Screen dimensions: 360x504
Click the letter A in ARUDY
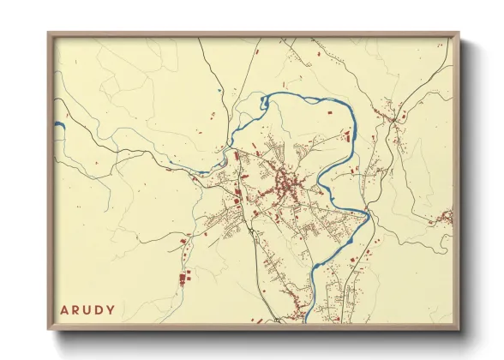(63, 309)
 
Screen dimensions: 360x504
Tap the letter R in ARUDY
(75, 309)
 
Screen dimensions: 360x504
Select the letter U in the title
(87, 309)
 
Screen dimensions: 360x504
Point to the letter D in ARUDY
(99, 309)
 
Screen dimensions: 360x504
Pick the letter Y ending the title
(111, 309)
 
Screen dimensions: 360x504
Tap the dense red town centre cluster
(285, 182)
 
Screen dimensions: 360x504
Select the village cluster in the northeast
(393, 114)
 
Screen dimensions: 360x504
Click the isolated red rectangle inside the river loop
(326, 111)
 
